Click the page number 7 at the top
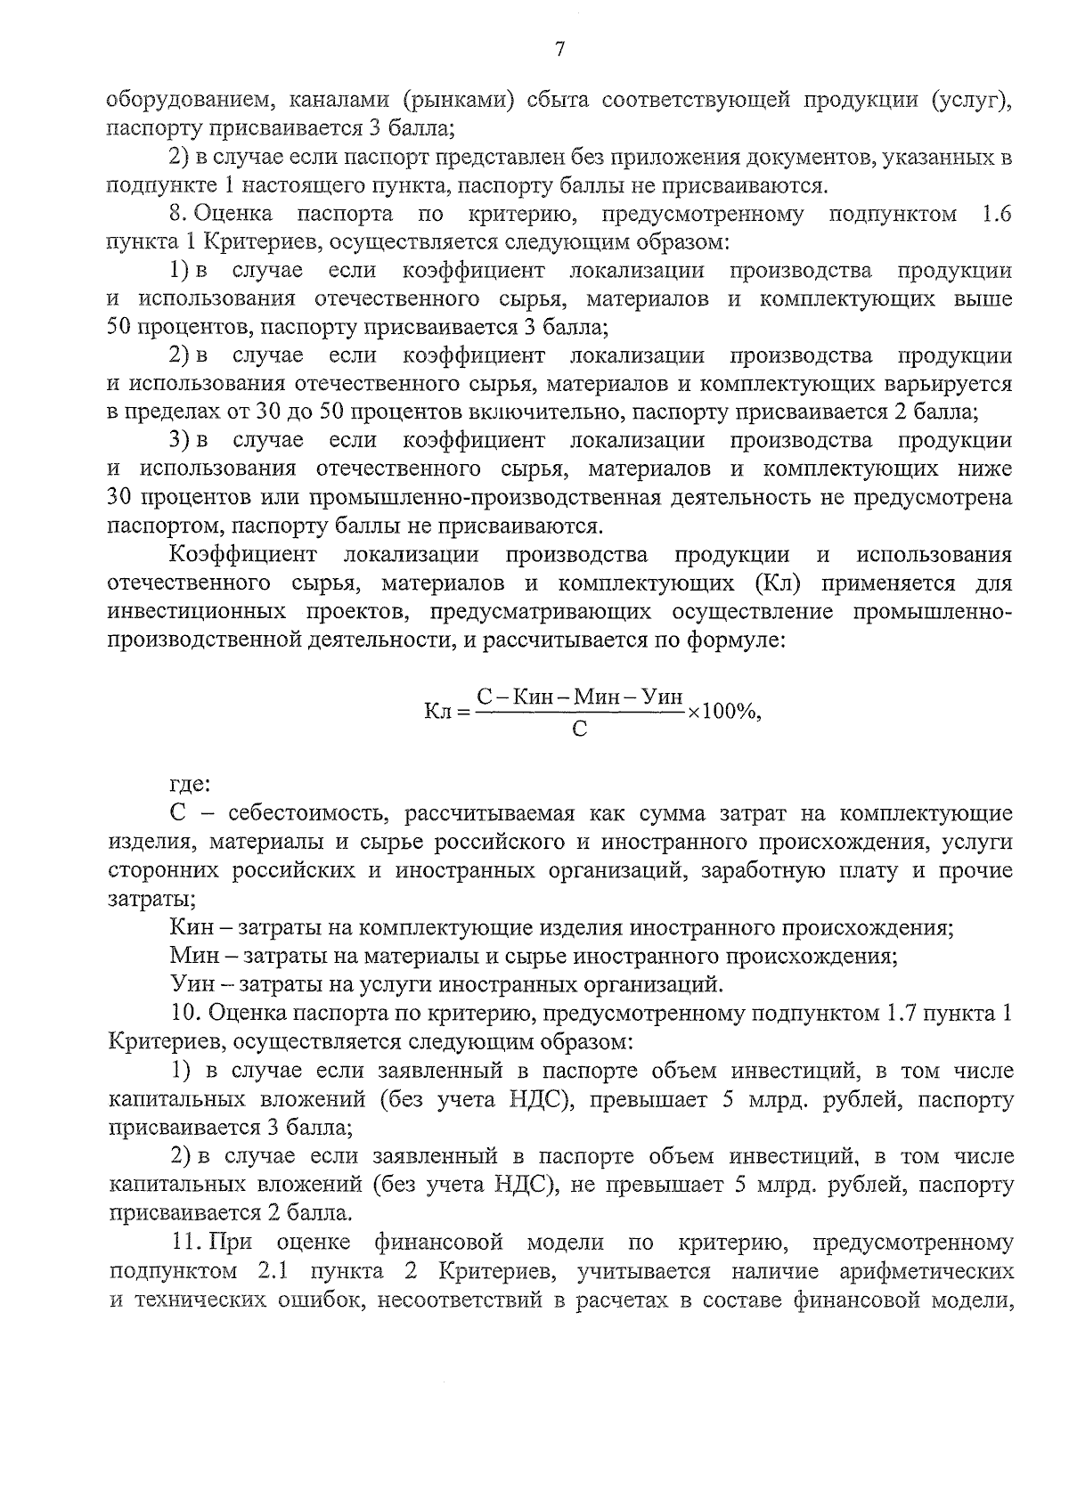pos(559,50)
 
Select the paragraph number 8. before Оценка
pos(177,214)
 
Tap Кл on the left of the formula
pos(440,711)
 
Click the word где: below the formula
pos(189,785)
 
